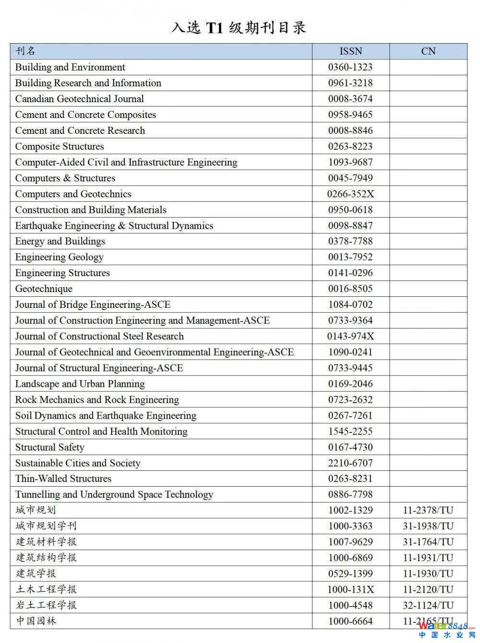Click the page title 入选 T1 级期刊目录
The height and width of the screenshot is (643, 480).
click(x=239, y=28)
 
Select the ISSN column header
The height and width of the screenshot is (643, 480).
click(x=350, y=51)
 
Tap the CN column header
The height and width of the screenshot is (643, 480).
click(x=428, y=51)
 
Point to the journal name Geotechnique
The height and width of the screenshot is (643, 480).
click(x=44, y=289)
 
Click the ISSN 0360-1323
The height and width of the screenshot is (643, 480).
click(x=350, y=67)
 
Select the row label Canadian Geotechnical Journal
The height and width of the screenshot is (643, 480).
click(x=79, y=99)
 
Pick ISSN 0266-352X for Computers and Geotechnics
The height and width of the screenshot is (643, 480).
click(x=350, y=194)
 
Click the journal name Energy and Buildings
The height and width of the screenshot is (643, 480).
click(x=60, y=241)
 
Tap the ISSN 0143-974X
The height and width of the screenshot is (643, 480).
click(x=350, y=336)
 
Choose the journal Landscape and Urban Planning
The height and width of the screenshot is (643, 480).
click(x=80, y=384)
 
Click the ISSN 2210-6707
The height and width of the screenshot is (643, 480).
click(x=350, y=463)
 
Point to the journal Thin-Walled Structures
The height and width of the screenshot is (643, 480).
click(x=63, y=479)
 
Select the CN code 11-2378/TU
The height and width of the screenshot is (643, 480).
click(x=428, y=510)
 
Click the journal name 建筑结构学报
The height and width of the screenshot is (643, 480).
click(x=46, y=558)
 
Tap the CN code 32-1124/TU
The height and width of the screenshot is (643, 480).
click(x=428, y=605)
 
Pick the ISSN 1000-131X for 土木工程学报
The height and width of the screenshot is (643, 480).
click(x=350, y=589)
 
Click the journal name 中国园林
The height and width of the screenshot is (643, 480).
click(x=36, y=621)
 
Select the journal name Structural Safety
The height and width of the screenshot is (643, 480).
click(x=49, y=447)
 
